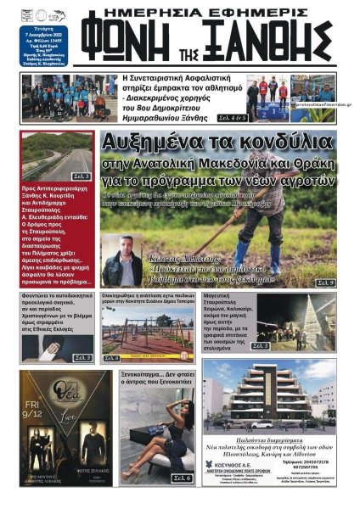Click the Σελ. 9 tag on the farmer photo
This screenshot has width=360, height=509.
326,282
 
